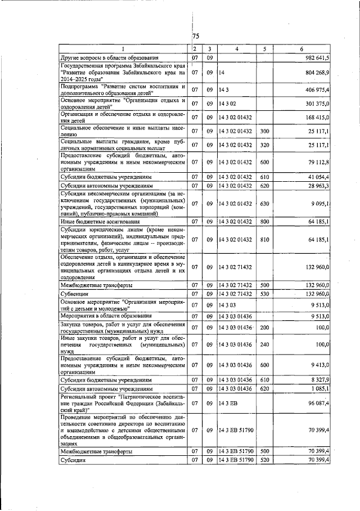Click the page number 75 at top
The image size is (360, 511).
[x=196, y=36]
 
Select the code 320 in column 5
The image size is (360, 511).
[x=263, y=145]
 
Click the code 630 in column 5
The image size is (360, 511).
[x=263, y=203]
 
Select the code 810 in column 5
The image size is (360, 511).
[x=263, y=240]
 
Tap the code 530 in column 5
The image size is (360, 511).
[x=263, y=293]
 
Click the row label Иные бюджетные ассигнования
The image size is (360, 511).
[x=94, y=222]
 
